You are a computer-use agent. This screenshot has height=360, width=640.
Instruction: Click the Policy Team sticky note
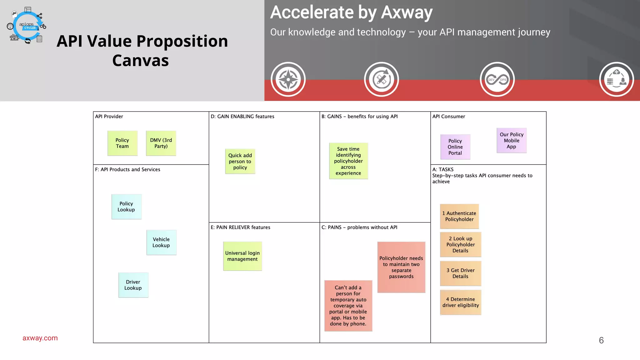(x=122, y=143)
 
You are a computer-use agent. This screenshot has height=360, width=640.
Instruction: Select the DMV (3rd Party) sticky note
(x=161, y=143)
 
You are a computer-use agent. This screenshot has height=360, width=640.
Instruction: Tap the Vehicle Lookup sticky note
(x=161, y=242)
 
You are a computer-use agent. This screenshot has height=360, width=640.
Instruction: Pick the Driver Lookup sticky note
(x=133, y=285)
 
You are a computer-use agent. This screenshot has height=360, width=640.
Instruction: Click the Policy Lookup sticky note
(x=126, y=207)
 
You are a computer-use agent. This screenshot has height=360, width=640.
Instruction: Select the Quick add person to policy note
(x=240, y=161)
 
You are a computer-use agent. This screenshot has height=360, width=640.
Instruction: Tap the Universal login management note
(x=242, y=256)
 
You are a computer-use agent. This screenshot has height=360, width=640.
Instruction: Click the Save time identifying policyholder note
(x=348, y=161)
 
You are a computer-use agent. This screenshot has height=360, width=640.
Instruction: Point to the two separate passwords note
(x=401, y=267)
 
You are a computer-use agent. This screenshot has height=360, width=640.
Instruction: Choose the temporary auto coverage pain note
(x=348, y=306)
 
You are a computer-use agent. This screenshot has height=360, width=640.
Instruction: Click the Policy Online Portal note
(x=455, y=147)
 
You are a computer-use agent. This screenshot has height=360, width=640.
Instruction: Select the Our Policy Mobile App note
(x=512, y=140)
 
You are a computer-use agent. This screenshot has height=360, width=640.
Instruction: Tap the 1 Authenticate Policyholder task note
(x=459, y=216)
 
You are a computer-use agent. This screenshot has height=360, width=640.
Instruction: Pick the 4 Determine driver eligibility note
(x=461, y=302)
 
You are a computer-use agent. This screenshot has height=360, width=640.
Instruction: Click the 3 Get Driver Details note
(x=461, y=273)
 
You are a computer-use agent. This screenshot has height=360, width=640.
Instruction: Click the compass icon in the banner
(x=288, y=79)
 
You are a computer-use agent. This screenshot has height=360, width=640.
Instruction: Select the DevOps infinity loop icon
(x=497, y=79)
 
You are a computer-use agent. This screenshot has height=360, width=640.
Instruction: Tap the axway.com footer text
(x=40, y=338)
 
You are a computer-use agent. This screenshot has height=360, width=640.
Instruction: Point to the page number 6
(x=601, y=340)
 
